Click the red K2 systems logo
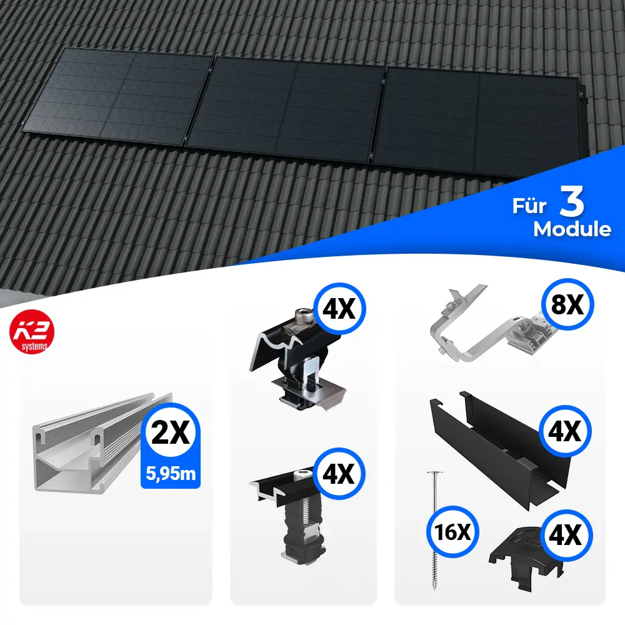click(x=32, y=332)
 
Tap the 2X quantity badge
click(x=171, y=432)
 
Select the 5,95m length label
click(x=171, y=474)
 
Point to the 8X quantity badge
click(x=567, y=305)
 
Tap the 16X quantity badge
click(x=452, y=532)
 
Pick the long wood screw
click(x=434, y=531)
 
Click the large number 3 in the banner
click(x=572, y=201)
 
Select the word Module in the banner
click(x=572, y=229)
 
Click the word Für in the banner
click(x=529, y=206)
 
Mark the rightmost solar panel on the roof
click(x=478, y=124)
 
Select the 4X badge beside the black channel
click(x=565, y=431)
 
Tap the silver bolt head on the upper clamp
click(x=304, y=316)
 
